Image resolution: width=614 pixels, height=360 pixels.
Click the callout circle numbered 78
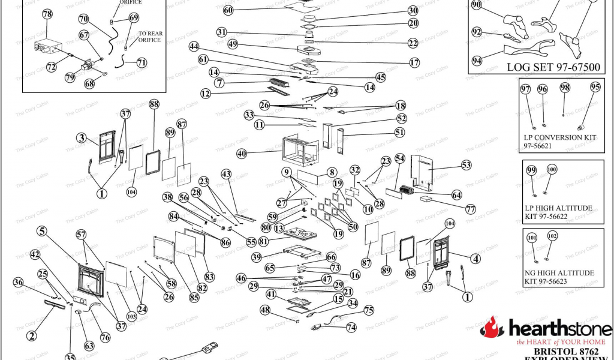(47, 15)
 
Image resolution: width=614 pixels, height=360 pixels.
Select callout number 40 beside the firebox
(242, 154)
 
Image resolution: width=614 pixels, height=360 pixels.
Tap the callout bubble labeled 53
(466, 164)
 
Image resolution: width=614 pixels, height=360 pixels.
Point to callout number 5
(41, 230)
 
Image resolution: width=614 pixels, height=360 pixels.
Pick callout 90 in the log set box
(477, 5)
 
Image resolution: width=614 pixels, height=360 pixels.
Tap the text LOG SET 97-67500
(553, 67)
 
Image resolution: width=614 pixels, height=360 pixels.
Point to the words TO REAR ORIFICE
(149, 37)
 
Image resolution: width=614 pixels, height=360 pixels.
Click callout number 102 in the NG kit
(552, 236)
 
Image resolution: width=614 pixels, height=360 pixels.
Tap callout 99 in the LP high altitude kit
(531, 170)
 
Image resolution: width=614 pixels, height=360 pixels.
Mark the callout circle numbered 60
(228, 10)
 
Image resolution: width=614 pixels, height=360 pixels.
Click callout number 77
(470, 210)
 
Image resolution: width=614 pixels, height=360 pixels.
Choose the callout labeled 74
(351, 328)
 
